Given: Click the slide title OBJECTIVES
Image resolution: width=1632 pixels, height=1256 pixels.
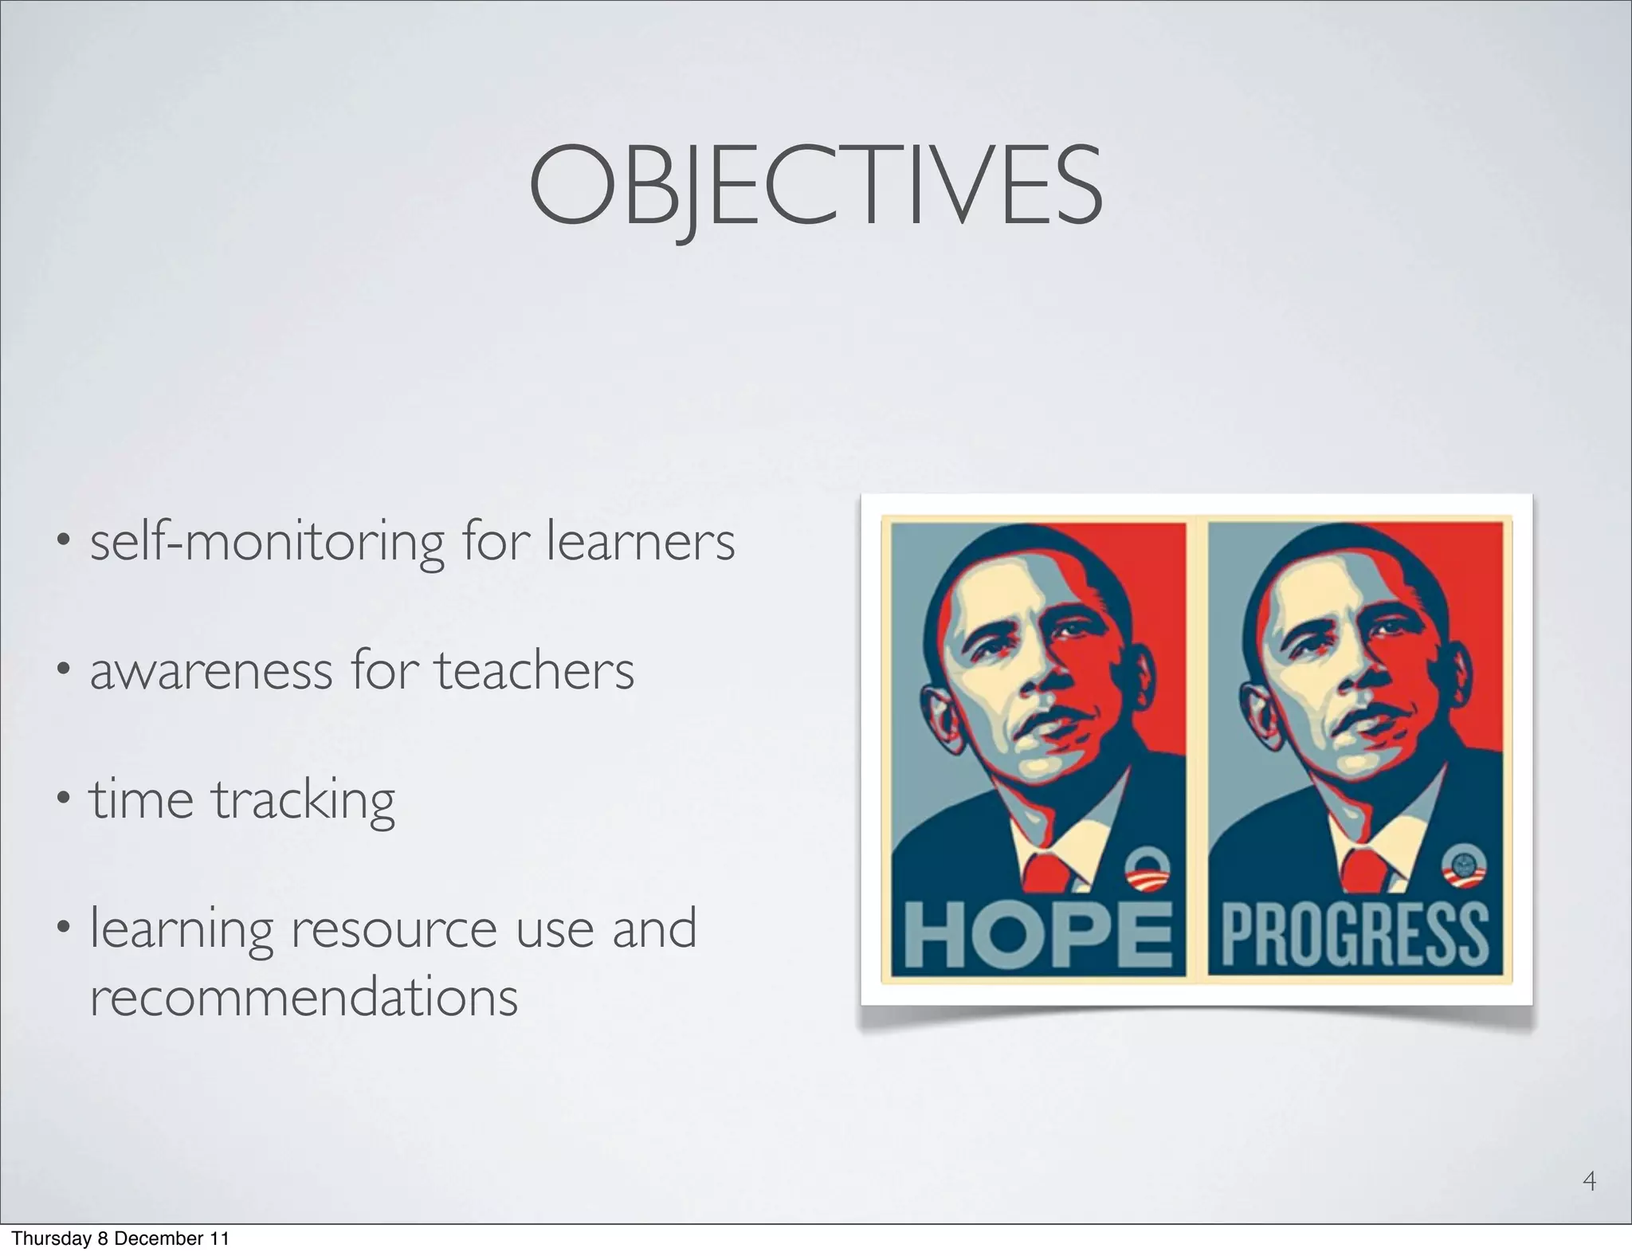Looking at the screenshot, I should tap(815, 185).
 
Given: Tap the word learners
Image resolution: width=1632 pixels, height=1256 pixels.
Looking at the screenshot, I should tap(641, 543).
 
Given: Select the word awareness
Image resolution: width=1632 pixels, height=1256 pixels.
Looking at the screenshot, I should tap(210, 671).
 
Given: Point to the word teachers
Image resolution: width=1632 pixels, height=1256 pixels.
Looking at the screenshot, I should tap(534, 671).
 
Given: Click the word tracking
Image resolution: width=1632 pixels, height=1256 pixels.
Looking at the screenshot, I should tap(303, 800).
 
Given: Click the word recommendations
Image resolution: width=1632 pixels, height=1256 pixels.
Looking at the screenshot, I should tap(304, 997).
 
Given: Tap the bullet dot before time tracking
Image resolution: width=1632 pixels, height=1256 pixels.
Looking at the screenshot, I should tap(62, 797).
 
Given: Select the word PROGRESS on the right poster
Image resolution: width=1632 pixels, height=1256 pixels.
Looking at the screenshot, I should tap(1355, 934).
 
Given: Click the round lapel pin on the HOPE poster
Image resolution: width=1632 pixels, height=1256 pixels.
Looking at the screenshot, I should tap(1145, 869).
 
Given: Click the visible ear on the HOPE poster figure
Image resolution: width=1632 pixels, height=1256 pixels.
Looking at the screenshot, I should tap(940, 717).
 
